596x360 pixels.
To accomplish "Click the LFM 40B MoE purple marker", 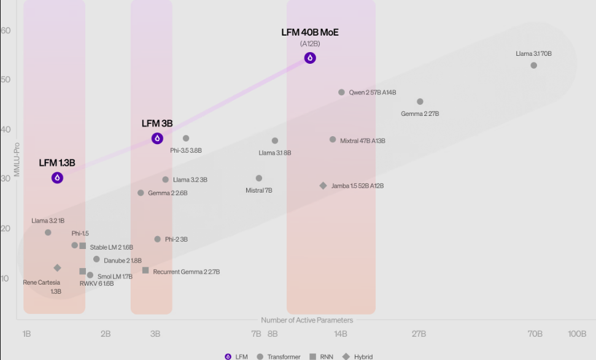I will pos(310,58).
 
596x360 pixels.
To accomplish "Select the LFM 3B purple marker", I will pos(157,139).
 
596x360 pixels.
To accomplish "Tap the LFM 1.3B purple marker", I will pos(57,178).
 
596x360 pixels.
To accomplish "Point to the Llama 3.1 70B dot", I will pos(534,66).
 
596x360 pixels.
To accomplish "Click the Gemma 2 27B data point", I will pos(420,102).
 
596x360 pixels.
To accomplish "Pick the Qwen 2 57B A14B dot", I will pos(342,93).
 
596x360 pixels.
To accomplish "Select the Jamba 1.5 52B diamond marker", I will pos(323,186).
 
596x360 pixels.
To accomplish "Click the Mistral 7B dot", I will pos(259,178).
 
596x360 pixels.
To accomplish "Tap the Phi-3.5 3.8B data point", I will pos(186,139).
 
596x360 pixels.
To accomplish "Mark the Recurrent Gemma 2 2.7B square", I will pos(145,270).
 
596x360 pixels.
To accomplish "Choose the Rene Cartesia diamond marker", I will pos(57,268).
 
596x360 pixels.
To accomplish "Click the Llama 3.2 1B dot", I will pos(48,232).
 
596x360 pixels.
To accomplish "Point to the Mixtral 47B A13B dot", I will pos(333,140).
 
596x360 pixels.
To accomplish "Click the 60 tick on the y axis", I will pos(6,31).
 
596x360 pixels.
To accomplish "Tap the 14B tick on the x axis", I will pos(341,334).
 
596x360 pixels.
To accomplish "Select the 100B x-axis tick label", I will pos(577,334).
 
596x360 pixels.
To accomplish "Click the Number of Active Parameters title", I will pos(307,320).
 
